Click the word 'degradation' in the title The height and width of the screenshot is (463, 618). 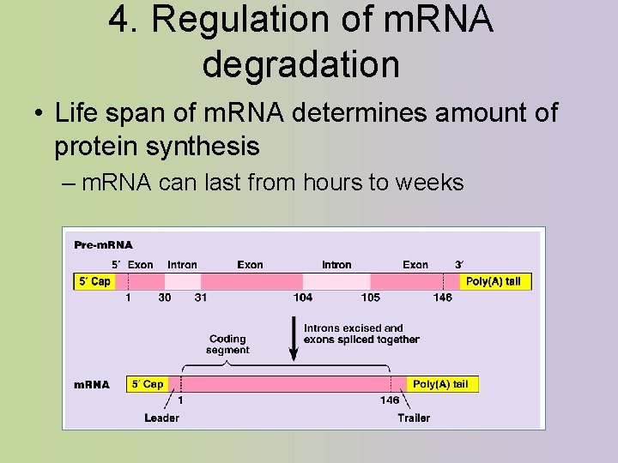[x=300, y=63]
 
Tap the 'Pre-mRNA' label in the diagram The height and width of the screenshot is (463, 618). [x=103, y=245]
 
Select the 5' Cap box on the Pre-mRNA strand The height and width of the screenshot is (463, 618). [x=94, y=281]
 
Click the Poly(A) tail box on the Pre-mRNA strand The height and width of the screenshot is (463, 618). [x=493, y=281]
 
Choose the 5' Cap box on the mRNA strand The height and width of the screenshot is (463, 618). [x=147, y=384]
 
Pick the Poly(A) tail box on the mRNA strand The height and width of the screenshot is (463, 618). [x=440, y=384]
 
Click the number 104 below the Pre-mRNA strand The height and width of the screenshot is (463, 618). [x=302, y=298]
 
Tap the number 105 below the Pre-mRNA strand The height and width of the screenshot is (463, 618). [x=370, y=298]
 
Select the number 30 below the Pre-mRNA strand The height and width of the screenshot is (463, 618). [x=164, y=298]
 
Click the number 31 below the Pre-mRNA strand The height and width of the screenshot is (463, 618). [x=200, y=298]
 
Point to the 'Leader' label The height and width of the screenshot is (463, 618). [x=161, y=418]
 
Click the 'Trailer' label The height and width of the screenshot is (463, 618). [x=414, y=418]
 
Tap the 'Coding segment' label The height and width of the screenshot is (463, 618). [x=227, y=344]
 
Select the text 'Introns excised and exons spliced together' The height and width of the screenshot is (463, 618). [x=361, y=334]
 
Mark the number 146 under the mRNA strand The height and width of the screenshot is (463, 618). [x=389, y=400]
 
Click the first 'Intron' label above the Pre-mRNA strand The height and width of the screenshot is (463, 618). [x=182, y=265]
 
